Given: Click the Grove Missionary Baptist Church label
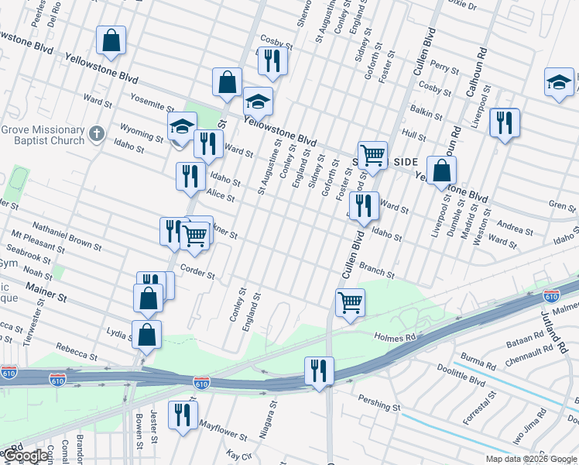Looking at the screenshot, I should pos(42,135).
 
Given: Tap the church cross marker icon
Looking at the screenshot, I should pos(96,134).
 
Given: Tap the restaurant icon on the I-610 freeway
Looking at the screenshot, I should pos(318,370).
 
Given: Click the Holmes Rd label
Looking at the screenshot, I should pos(395,337).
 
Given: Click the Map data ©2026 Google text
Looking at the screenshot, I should pos(530,458).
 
